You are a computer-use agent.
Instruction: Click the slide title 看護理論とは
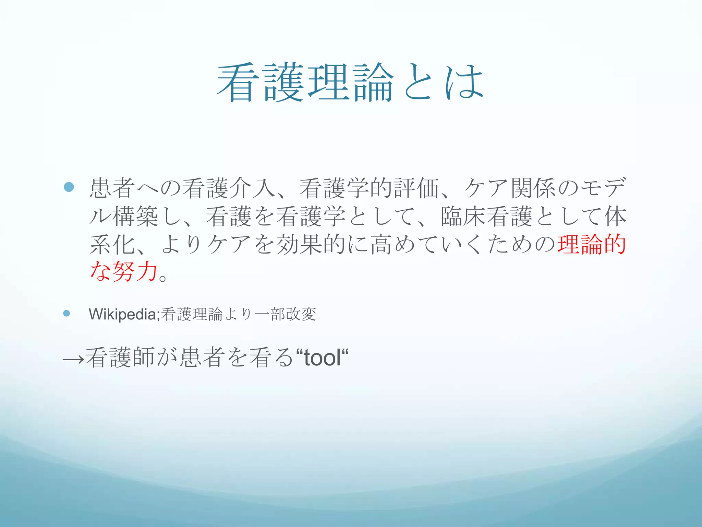point(350,83)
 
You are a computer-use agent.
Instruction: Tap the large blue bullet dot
point(69,187)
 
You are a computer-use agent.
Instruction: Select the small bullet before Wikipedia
point(67,313)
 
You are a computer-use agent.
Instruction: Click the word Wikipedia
point(122,314)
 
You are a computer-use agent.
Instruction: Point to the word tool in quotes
point(322,358)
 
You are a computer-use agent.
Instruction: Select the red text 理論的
point(592,245)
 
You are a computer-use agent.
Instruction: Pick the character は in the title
point(465,83)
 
